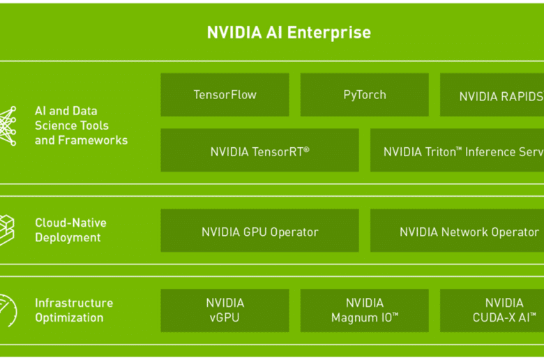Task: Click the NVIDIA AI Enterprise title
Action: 289,33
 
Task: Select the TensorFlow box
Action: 225,95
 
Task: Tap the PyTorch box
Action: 364,95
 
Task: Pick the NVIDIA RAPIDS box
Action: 492,95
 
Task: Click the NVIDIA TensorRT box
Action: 259,150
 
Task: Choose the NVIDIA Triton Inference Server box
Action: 457,150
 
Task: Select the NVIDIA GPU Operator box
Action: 259,230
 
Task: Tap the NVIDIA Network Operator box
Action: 457,230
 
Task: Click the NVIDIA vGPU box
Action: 225,310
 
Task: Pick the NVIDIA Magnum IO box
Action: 364,310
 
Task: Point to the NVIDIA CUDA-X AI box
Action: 492,310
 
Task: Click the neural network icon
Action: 8,126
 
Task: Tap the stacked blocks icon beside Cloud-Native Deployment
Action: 7,230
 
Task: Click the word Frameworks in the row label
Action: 93,140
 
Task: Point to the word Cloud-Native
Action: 70,223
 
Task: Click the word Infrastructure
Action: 74,303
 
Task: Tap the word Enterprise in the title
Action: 329,33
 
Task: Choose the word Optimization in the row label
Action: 69,318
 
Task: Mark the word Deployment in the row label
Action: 68,238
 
